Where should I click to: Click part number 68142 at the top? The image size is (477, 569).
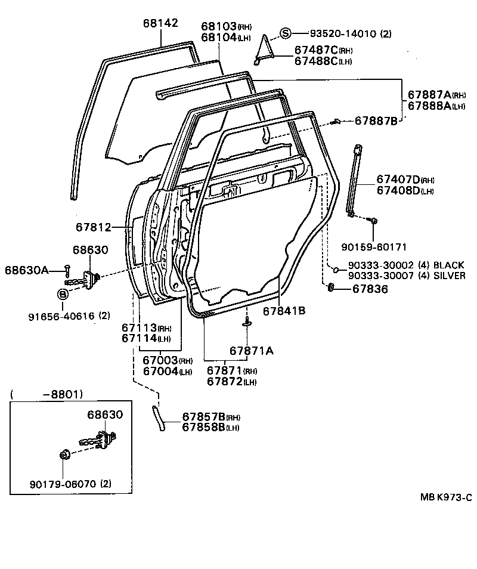(160, 23)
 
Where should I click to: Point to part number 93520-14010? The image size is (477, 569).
(342, 34)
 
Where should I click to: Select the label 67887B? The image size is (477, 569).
(376, 120)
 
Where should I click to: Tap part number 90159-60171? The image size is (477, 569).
(374, 246)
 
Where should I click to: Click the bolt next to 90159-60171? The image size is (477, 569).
(373, 221)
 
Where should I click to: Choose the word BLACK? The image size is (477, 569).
(449, 265)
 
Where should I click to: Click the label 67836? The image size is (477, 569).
(370, 289)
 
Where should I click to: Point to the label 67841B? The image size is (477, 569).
(284, 310)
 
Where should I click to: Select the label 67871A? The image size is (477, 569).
(252, 350)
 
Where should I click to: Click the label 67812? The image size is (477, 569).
(94, 227)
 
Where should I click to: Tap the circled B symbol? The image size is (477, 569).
(63, 294)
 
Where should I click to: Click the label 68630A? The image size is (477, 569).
(27, 270)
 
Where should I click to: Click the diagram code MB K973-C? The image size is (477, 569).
(445, 497)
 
